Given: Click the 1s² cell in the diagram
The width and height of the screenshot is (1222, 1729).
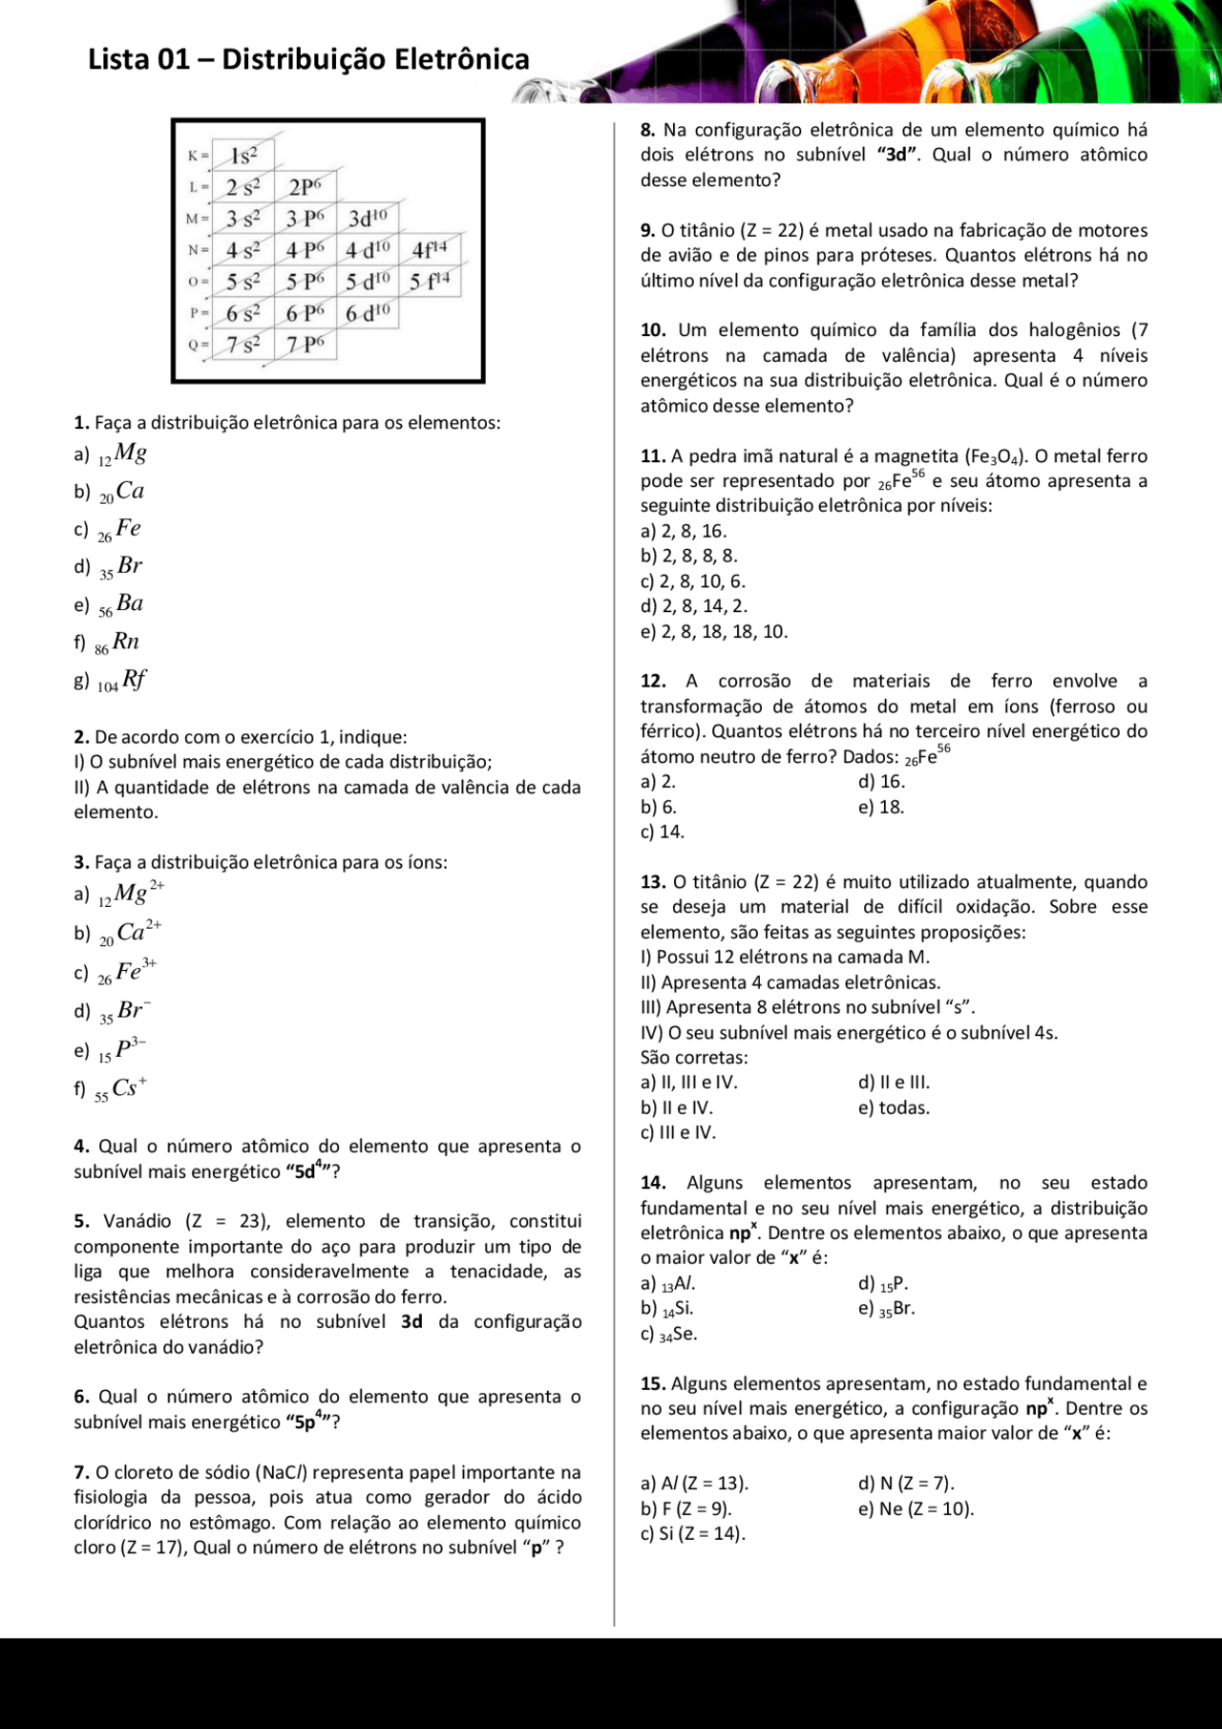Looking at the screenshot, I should pyautogui.click(x=243, y=156).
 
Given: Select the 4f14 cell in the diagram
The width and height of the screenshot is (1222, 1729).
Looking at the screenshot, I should pyautogui.click(x=430, y=250).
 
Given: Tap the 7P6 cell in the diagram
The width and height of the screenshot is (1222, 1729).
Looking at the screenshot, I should pyautogui.click(x=305, y=345).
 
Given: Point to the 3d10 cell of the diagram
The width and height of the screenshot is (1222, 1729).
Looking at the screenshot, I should pyautogui.click(x=368, y=219).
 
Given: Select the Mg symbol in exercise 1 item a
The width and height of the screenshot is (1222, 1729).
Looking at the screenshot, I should pyautogui.click(x=130, y=453).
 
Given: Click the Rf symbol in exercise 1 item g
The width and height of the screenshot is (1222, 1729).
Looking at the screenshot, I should pyautogui.click(x=134, y=680).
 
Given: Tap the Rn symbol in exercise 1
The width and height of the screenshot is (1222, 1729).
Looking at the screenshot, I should pyautogui.click(x=126, y=642).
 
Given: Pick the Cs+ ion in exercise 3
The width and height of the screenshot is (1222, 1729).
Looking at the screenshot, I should pyautogui.click(x=128, y=1087).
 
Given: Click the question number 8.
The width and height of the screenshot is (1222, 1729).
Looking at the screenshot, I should pyautogui.click(x=647, y=130).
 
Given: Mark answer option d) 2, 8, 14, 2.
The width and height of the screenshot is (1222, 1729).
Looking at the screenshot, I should pyautogui.click(x=694, y=606).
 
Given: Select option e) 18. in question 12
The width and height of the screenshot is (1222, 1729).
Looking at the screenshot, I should pyautogui.click(x=881, y=807).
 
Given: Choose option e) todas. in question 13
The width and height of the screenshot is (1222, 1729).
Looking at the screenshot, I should pyautogui.click(x=894, y=1107).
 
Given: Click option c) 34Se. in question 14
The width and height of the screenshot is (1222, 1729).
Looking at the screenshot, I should pyautogui.click(x=669, y=1335).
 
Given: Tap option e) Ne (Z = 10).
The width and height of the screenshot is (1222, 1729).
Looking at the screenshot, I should pyautogui.click(x=916, y=1508).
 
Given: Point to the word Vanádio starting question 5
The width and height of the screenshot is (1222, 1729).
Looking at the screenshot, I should pyautogui.click(x=137, y=1221).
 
